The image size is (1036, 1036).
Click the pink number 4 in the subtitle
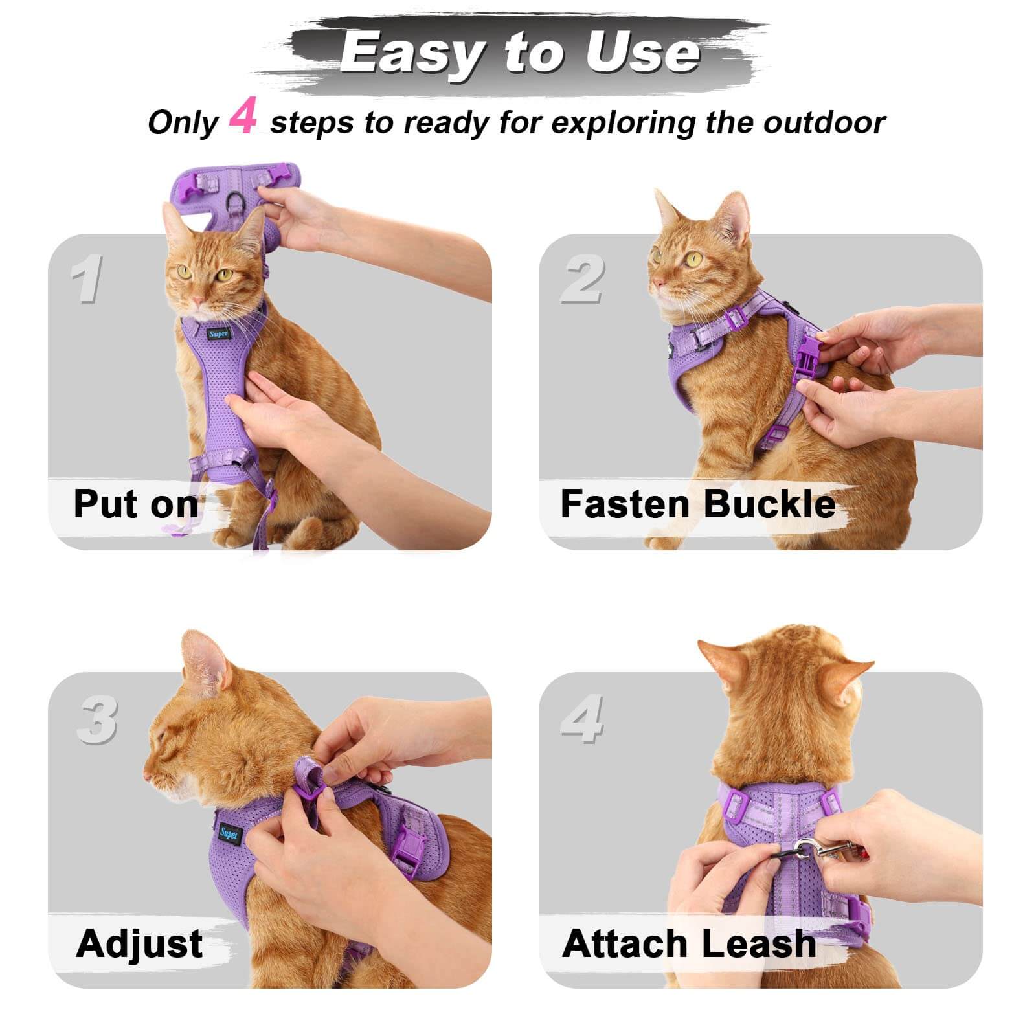243,117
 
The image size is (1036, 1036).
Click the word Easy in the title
412,54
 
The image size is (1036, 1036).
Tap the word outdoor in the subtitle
824,122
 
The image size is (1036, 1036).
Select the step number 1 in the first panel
87,279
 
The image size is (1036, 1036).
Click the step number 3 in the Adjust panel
97,719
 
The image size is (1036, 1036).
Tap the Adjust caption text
139,943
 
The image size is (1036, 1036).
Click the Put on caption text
135,504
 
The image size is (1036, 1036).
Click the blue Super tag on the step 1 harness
218,334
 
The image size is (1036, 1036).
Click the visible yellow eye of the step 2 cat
695,260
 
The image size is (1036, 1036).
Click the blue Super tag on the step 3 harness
229,833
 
